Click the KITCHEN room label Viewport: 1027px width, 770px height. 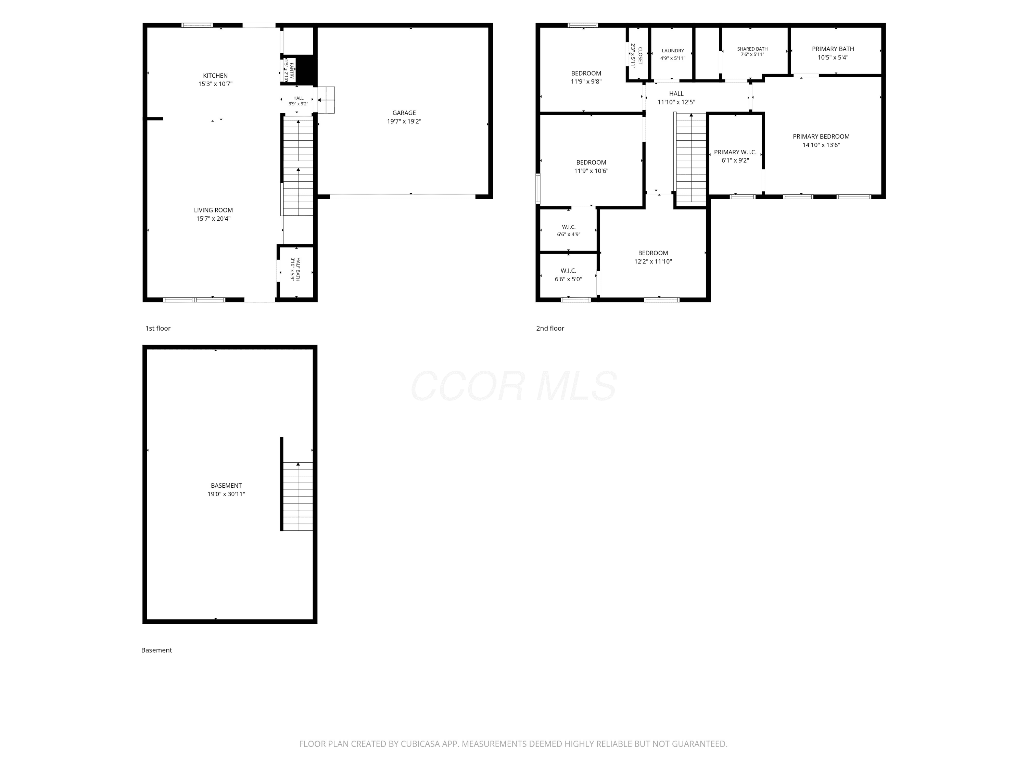[215, 76]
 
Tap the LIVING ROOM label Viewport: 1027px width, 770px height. [214, 210]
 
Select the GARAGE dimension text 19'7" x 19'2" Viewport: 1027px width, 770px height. [404, 121]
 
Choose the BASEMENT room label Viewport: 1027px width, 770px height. [226, 486]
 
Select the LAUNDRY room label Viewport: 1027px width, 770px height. [673, 51]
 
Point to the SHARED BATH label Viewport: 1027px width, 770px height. [752, 49]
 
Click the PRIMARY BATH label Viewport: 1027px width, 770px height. [833, 49]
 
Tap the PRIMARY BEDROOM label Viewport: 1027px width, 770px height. [821, 137]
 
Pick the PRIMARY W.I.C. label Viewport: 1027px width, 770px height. [735, 152]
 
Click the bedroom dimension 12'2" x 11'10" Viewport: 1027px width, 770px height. [653, 262]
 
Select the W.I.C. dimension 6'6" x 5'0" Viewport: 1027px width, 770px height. [568, 279]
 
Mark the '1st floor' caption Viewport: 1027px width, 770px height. [158, 328]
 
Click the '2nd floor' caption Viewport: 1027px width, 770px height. [550, 328]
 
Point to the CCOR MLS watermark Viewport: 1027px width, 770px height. [513, 386]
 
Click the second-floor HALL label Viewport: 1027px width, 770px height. [676, 94]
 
